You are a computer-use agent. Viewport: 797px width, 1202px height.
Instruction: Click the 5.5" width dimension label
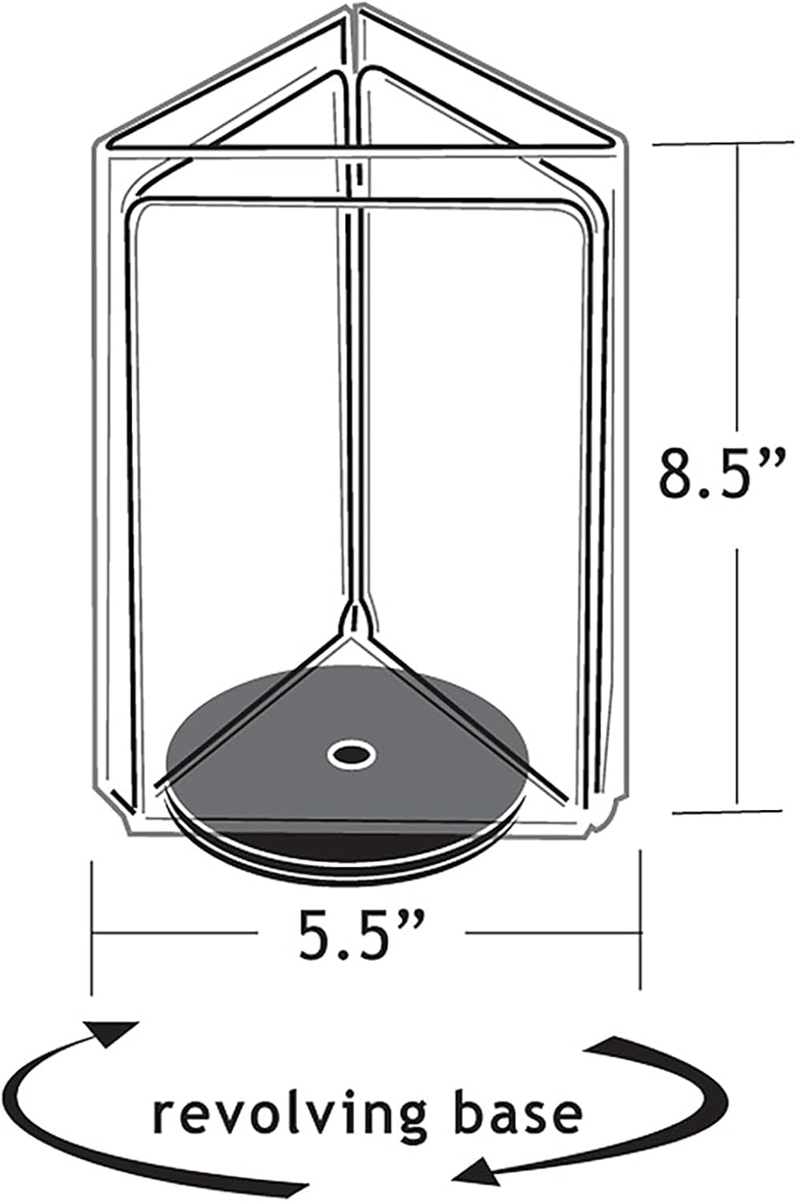(360, 934)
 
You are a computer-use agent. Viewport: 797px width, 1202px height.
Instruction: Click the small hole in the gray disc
(350, 753)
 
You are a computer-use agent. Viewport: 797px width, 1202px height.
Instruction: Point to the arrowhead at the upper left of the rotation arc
(116, 1032)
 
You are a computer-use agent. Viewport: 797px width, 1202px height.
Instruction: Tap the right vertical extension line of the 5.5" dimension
(640, 922)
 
